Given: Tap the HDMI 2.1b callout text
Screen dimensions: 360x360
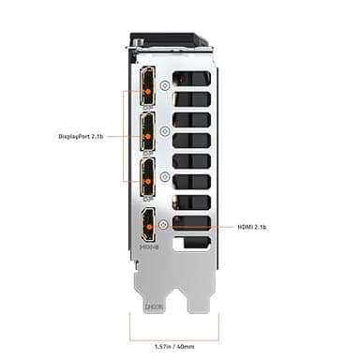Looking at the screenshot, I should [252, 226].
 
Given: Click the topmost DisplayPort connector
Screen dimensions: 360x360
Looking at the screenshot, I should [148, 86].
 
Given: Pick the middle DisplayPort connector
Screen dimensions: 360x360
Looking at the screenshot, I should [148, 131].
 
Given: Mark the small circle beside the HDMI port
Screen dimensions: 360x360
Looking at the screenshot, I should [165, 224].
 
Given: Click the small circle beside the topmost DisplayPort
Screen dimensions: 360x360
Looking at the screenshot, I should [165, 84].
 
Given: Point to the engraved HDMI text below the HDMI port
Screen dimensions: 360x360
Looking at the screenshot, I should [148, 247].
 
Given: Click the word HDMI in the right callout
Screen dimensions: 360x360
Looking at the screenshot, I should [244, 226].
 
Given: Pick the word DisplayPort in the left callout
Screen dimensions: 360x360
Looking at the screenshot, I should [70, 135].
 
